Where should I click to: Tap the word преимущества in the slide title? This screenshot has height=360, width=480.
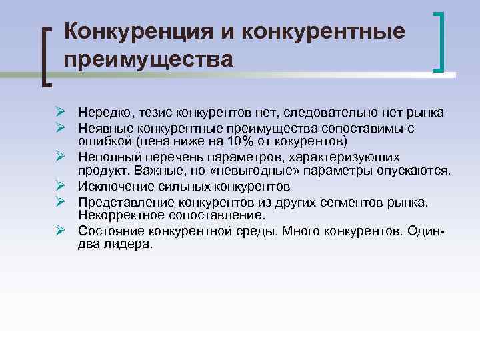(149, 59)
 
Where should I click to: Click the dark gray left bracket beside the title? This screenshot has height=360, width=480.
(46, 56)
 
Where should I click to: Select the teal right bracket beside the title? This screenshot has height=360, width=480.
(441, 41)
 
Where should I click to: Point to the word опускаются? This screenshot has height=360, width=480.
(414, 170)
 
